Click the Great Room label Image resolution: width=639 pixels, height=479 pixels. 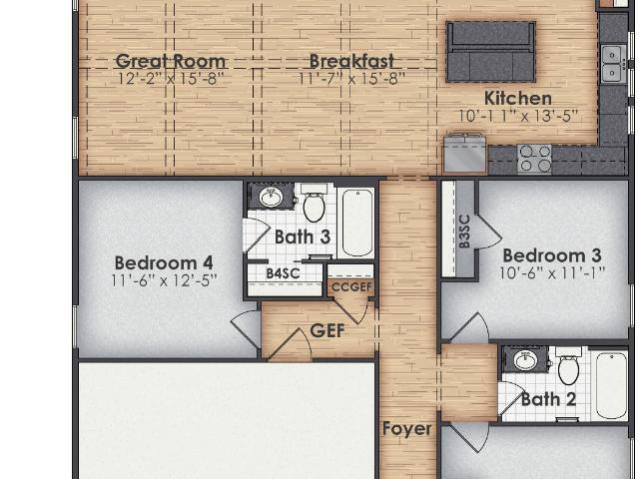click(x=171, y=61)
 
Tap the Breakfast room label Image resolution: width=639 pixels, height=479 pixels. click(x=351, y=61)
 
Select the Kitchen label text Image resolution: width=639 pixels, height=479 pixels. click(x=518, y=99)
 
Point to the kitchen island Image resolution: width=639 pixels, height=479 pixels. click(x=490, y=52)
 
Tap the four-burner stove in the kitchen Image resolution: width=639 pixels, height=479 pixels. click(x=534, y=159)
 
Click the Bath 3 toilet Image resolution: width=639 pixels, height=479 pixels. click(x=314, y=203)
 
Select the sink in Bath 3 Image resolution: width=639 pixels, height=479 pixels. click(x=271, y=198)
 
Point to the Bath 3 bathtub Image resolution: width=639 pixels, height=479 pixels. click(x=357, y=223)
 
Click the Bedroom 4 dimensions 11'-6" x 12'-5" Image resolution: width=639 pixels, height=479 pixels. click(x=164, y=280)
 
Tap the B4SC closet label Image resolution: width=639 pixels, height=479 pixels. click(x=283, y=273)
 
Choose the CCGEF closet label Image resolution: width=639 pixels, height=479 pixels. click(x=351, y=287)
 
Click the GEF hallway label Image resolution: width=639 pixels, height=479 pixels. click(x=327, y=330)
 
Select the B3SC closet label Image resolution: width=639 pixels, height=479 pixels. click(x=464, y=232)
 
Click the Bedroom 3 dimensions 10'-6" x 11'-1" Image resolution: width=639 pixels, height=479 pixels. click(x=552, y=273)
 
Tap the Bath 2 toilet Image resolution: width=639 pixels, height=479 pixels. click(x=568, y=366)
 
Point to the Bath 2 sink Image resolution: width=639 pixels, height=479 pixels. click(x=525, y=360)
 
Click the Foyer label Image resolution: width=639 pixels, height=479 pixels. click(x=407, y=429)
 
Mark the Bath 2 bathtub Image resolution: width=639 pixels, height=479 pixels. click(x=612, y=385)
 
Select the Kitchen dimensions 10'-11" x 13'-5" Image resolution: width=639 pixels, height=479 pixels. click(x=518, y=117)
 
